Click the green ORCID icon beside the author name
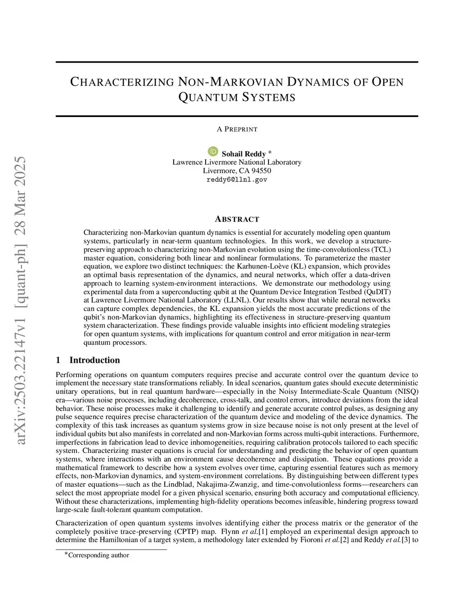(x=213, y=151)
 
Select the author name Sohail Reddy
(x=243, y=154)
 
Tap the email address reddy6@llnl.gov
(x=237, y=180)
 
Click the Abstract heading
(x=237, y=219)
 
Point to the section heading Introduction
(x=94, y=360)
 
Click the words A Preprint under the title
(x=237, y=129)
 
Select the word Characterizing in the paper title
(x=122, y=82)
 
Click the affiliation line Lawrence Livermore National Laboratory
(x=237, y=162)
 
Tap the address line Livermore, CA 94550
(x=237, y=171)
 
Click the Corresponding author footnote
(x=98, y=555)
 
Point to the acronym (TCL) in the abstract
(x=382, y=249)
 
